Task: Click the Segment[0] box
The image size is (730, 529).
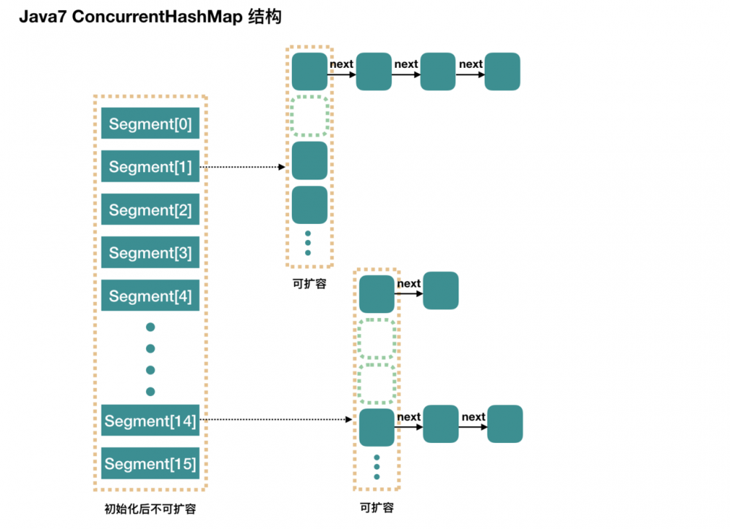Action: (150, 124)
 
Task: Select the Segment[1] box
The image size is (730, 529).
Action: (150, 167)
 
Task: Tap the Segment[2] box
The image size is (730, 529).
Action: (150, 210)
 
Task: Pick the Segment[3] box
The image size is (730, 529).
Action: (150, 253)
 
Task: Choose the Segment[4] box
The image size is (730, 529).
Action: (150, 296)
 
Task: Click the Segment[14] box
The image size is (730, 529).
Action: (150, 421)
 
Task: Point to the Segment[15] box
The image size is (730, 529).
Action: (150, 464)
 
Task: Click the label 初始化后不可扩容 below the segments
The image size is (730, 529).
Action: (150, 509)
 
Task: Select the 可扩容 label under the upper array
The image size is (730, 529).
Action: (310, 284)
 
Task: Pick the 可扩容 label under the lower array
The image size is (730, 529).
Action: (377, 507)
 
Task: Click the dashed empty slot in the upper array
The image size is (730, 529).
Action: (310, 116)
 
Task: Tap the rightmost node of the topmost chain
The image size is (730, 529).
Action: (502, 72)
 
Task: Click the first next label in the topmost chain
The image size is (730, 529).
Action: (342, 64)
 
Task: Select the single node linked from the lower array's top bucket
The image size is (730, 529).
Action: (441, 290)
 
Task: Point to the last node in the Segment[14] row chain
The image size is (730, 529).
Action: (505, 424)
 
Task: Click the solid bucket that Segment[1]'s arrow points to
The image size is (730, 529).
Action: (310, 161)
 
